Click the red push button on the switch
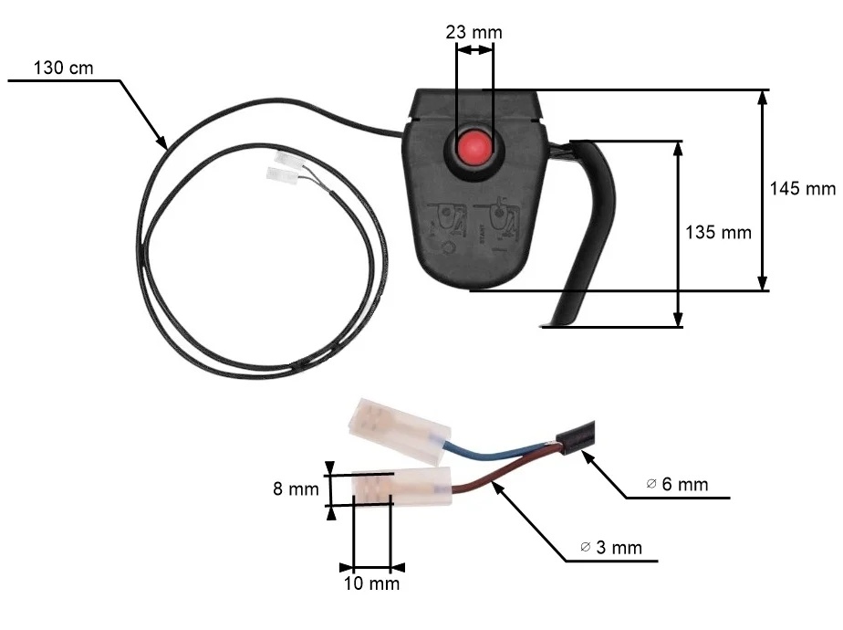474,148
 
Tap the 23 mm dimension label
474,33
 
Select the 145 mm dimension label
802,189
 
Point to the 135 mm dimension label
718,232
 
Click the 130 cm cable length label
63,68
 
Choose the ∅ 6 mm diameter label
676,484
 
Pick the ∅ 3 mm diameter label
610,548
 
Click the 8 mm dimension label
291,488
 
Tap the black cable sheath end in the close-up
580,437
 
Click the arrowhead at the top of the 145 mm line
762,97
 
